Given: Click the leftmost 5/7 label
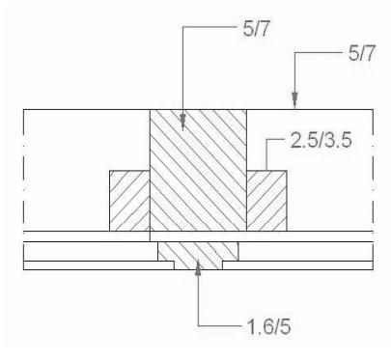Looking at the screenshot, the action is [x=256, y=30].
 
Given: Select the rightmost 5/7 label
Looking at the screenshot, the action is [x=362, y=53].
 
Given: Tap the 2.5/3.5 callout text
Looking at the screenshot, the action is [x=321, y=141].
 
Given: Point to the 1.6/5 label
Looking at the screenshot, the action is [x=268, y=327].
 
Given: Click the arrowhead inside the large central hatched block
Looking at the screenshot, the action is [x=182, y=122].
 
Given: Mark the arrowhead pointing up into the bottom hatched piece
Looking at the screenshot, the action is [x=198, y=267].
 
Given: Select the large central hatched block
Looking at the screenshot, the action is [x=198, y=170].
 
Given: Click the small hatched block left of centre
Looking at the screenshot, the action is [x=129, y=201].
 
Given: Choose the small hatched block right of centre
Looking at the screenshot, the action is [x=266, y=201].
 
